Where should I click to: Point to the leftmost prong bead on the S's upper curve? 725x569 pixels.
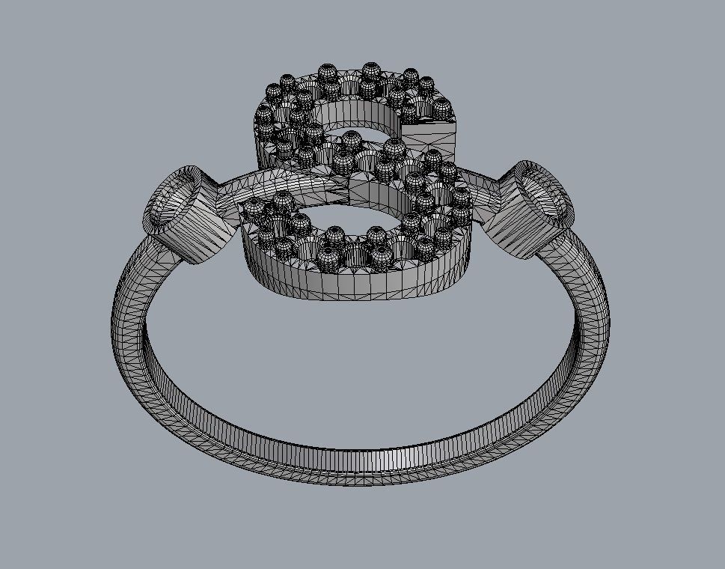point(263,115)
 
